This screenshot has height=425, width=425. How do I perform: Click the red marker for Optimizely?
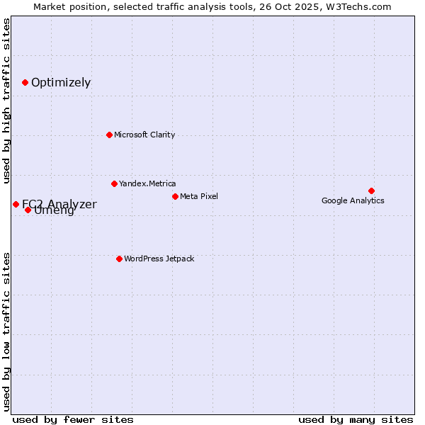[x=25, y=82]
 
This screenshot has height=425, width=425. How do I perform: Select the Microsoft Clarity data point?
[x=109, y=135]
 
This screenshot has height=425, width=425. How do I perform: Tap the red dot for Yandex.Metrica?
[x=114, y=183]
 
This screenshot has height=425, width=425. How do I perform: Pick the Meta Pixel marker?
[x=175, y=196]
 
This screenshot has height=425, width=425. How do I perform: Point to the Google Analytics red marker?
[x=371, y=191]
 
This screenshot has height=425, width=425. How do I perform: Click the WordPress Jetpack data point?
[x=119, y=259]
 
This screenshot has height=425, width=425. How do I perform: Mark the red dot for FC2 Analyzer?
[x=16, y=204]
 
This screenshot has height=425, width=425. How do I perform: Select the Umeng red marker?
[x=28, y=210]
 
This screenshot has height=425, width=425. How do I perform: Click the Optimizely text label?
[x=61, y=82]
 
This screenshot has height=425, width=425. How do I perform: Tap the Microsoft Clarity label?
[x=144, y=135]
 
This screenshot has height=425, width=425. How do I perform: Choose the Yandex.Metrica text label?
[x=147, y=183]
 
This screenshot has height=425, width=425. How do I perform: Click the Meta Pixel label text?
[x=199, y=196]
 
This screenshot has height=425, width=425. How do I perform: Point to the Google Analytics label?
[x=353, y=200]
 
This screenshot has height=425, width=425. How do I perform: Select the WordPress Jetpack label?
[x=159, y=259]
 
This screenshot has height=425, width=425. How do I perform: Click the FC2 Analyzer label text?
[x=59, y=204]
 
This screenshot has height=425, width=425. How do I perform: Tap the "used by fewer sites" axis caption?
[x=73, y=419]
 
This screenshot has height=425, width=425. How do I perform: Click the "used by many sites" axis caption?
[x=356, y=419]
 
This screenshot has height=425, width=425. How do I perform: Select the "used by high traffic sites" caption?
[x=7, y=101]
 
